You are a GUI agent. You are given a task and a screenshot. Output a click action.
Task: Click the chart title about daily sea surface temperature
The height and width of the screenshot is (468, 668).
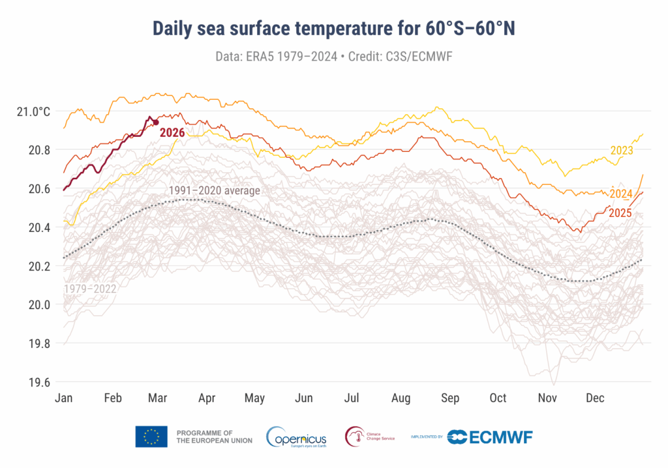(333, 29)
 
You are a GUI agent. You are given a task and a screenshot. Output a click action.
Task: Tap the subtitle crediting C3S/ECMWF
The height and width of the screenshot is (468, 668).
(333, 56)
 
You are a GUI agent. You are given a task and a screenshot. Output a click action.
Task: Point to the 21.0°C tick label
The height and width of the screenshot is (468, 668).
(33, 111)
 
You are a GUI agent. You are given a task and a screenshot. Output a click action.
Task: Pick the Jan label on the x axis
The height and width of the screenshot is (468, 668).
(64, 398)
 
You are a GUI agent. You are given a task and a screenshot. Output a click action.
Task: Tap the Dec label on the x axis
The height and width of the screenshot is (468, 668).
(594, 398)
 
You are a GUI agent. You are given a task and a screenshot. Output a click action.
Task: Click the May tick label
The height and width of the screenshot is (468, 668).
(255, 398)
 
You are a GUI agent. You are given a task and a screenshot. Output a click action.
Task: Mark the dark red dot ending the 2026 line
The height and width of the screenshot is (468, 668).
(156, 123)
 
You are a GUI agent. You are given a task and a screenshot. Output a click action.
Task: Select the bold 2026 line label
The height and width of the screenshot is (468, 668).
(172, 132)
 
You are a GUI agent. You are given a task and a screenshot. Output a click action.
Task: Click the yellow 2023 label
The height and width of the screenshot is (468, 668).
(622, 151)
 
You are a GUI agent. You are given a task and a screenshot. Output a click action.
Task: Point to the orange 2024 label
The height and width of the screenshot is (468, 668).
(621, 194)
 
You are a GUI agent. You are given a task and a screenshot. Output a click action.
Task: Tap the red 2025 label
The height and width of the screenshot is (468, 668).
(620, 212)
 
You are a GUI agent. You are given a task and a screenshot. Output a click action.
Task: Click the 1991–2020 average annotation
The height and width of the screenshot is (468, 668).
(214, 190)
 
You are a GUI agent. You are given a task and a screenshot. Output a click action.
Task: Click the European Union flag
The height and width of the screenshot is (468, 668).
(151, 437)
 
